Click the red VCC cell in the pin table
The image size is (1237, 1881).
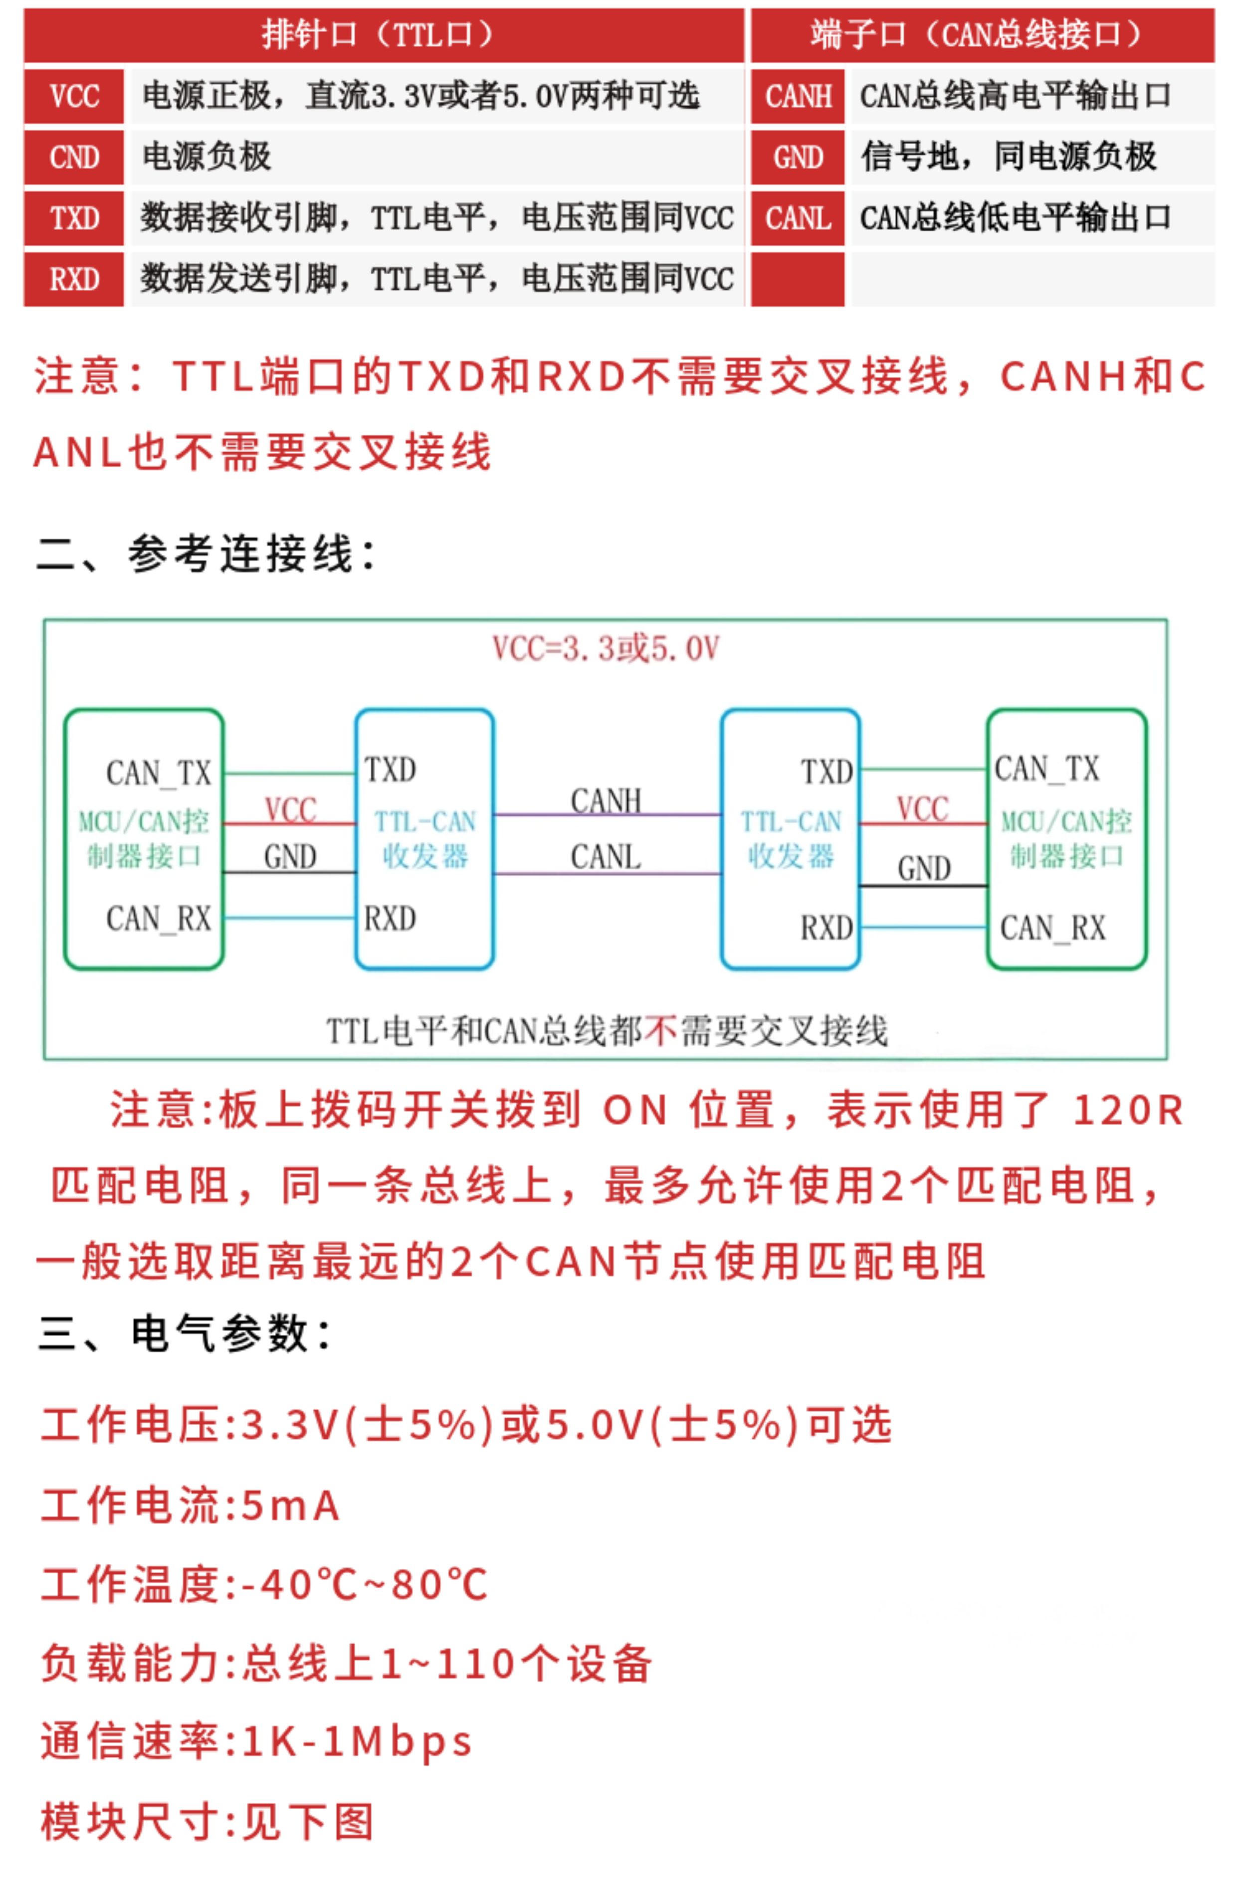(x=73, y=96)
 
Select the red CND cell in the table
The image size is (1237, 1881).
(x=73, y=157)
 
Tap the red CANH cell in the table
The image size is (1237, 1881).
(x=798, y=96)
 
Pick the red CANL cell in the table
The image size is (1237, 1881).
(x=798, y=218)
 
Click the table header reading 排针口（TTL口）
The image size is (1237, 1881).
(x=384, y=35)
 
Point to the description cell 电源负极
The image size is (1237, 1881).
(x=207, y=157)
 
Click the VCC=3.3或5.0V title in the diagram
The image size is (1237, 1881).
(x=606, y=649)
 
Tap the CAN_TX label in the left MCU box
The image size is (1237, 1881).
(x=159, y=773)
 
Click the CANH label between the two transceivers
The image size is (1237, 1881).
(x=606, y=800)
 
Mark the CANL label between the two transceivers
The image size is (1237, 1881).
(x=606, y=857)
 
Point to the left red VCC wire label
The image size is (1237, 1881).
(x=290, y=810)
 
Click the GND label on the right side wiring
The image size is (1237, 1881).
(x=924, y=869)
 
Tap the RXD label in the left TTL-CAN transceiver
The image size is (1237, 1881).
(x=390, y=919)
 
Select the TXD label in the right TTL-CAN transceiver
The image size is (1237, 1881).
(x=827, y=772)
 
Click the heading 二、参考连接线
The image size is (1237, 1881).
(x=206, y=553)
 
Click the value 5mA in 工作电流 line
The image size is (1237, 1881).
(x=291, y=1505)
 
